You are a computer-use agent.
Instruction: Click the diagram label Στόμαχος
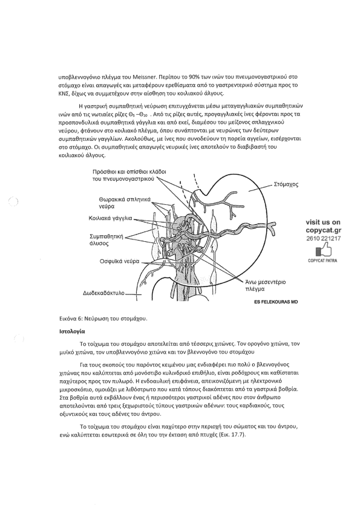(286, 184)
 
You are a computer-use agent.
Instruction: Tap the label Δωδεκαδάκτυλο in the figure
(104, 293)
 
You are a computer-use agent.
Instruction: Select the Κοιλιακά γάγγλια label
(110, 218)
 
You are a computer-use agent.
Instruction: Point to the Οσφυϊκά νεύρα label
(120, 261)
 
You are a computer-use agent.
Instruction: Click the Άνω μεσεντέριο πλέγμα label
(265, 285)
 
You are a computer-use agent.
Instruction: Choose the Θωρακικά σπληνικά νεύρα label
(125, 203)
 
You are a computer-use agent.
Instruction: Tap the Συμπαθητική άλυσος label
(106, 240)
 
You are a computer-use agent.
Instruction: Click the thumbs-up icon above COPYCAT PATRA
(323, 251)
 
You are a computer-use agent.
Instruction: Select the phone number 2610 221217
(323, 239)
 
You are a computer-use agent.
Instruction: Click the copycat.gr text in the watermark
(323, 230)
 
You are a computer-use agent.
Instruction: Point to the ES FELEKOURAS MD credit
(276, 302)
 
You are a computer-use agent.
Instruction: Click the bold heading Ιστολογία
(72, 331)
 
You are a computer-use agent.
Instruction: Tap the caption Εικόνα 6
(70, 319)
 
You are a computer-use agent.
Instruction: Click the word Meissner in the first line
(145, 77)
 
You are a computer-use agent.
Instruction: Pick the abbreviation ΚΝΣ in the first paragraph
(64, 94)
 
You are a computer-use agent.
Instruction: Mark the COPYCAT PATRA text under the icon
(322, 261)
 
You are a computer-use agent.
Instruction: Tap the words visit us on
(323, 222)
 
